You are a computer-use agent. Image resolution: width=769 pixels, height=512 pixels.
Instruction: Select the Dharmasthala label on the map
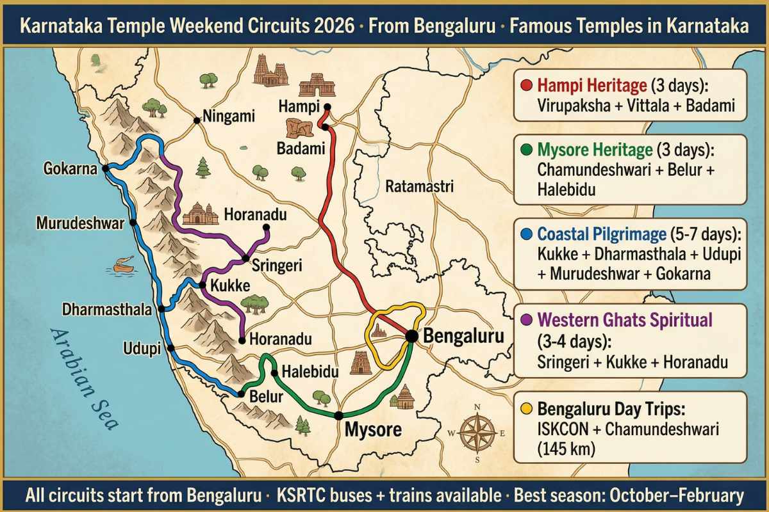pos(107,310)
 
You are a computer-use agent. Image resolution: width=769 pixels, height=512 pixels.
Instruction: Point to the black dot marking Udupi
pos(170,348)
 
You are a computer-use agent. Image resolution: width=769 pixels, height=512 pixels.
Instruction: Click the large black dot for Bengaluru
pos(411,335)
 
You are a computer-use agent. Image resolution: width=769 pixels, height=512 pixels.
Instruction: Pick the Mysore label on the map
pos(374,429)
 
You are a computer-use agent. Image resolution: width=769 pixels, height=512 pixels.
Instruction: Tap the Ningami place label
pos(229,116)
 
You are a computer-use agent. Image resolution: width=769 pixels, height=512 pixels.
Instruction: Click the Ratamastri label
pos(420,188)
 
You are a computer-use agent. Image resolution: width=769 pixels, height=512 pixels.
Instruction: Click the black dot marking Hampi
pos(327,107)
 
